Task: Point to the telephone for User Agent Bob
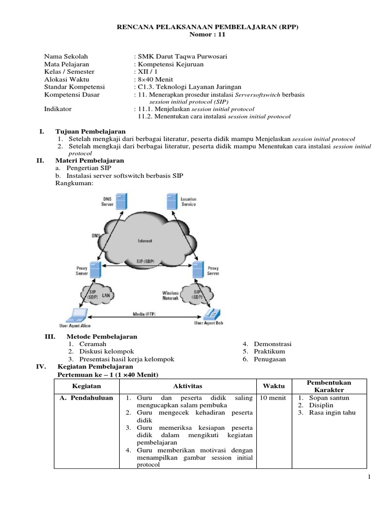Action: click(213, 313)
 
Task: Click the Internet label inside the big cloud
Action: click(144, 241)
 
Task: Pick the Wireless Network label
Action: click(170, 296)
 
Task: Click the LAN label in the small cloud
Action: click(106, 295)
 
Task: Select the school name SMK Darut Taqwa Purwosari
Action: click(182, 56)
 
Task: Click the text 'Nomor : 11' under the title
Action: click(208, 34)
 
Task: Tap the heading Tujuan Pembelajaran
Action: click(90, 131)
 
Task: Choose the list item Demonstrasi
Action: click(273, 344)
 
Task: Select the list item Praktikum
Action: click(270, 352)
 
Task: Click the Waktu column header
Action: click(270, 386)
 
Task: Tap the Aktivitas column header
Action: click(188, 386)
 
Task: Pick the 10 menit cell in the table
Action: click(270, 398)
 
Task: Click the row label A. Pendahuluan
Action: click(86, 398)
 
